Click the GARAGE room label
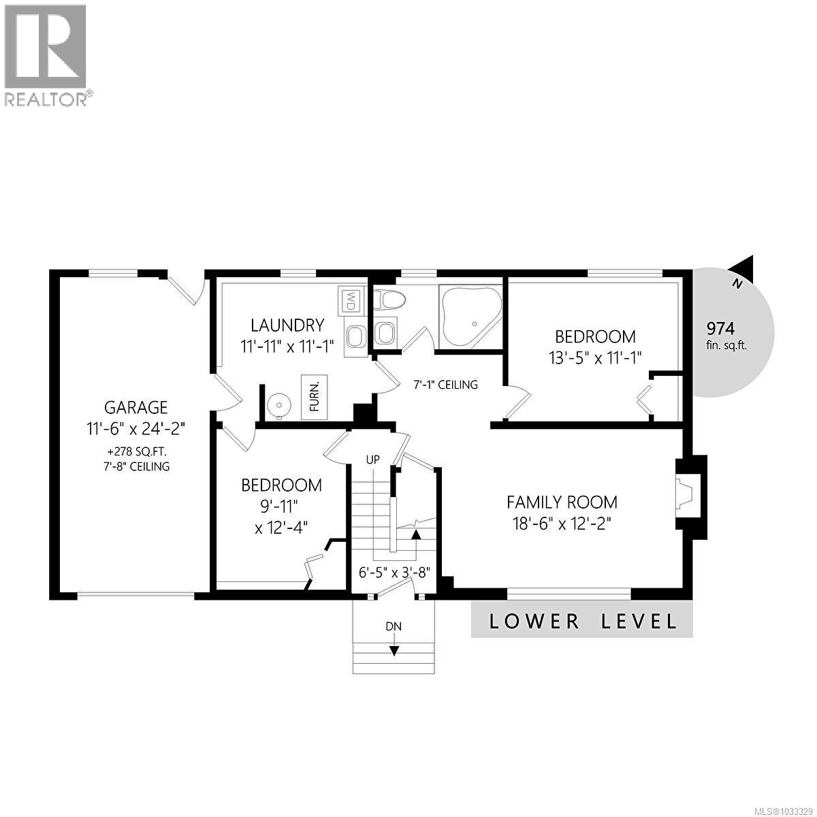point(135,407)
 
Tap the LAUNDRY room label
point(287,325)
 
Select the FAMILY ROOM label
point(562,502)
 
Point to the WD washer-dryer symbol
point(351,300)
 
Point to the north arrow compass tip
point(748,263)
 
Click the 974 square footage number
point(720,328)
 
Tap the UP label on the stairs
point(372,460)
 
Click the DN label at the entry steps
point(394,626)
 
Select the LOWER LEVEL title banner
point(582,620)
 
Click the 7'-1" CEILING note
point(446,385)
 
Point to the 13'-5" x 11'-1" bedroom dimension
point(594,356)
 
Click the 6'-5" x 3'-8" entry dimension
point(396,572)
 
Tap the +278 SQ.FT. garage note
point(135,451)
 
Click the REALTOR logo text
point(46,99)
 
